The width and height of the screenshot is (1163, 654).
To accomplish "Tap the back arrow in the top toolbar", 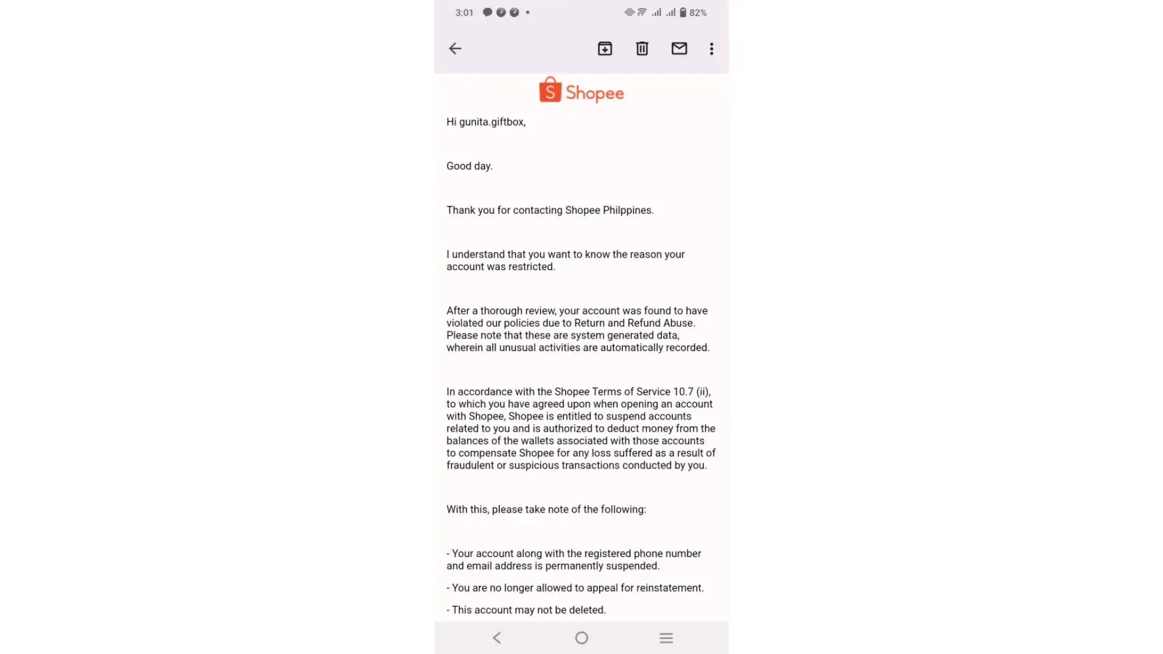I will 455,48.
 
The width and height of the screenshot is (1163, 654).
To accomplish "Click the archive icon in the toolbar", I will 605,48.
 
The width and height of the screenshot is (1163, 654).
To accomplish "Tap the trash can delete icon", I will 642,48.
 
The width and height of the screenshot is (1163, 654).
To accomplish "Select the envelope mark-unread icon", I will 679,48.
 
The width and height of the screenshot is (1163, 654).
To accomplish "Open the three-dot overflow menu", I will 712,48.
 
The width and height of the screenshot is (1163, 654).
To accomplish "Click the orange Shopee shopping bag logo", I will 550,90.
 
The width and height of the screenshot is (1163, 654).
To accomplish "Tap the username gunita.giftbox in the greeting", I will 492,122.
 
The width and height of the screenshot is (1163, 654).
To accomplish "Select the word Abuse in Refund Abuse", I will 678,323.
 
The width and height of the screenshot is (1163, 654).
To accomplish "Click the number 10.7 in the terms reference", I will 683,392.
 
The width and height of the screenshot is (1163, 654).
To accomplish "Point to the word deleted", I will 586,610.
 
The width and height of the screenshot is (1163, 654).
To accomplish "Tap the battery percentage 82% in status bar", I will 698,12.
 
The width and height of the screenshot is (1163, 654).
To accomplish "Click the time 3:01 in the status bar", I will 464,12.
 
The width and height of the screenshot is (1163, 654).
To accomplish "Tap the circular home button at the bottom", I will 581,638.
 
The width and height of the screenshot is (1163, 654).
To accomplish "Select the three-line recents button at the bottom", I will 666,638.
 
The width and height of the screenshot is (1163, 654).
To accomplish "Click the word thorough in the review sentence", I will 501,311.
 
